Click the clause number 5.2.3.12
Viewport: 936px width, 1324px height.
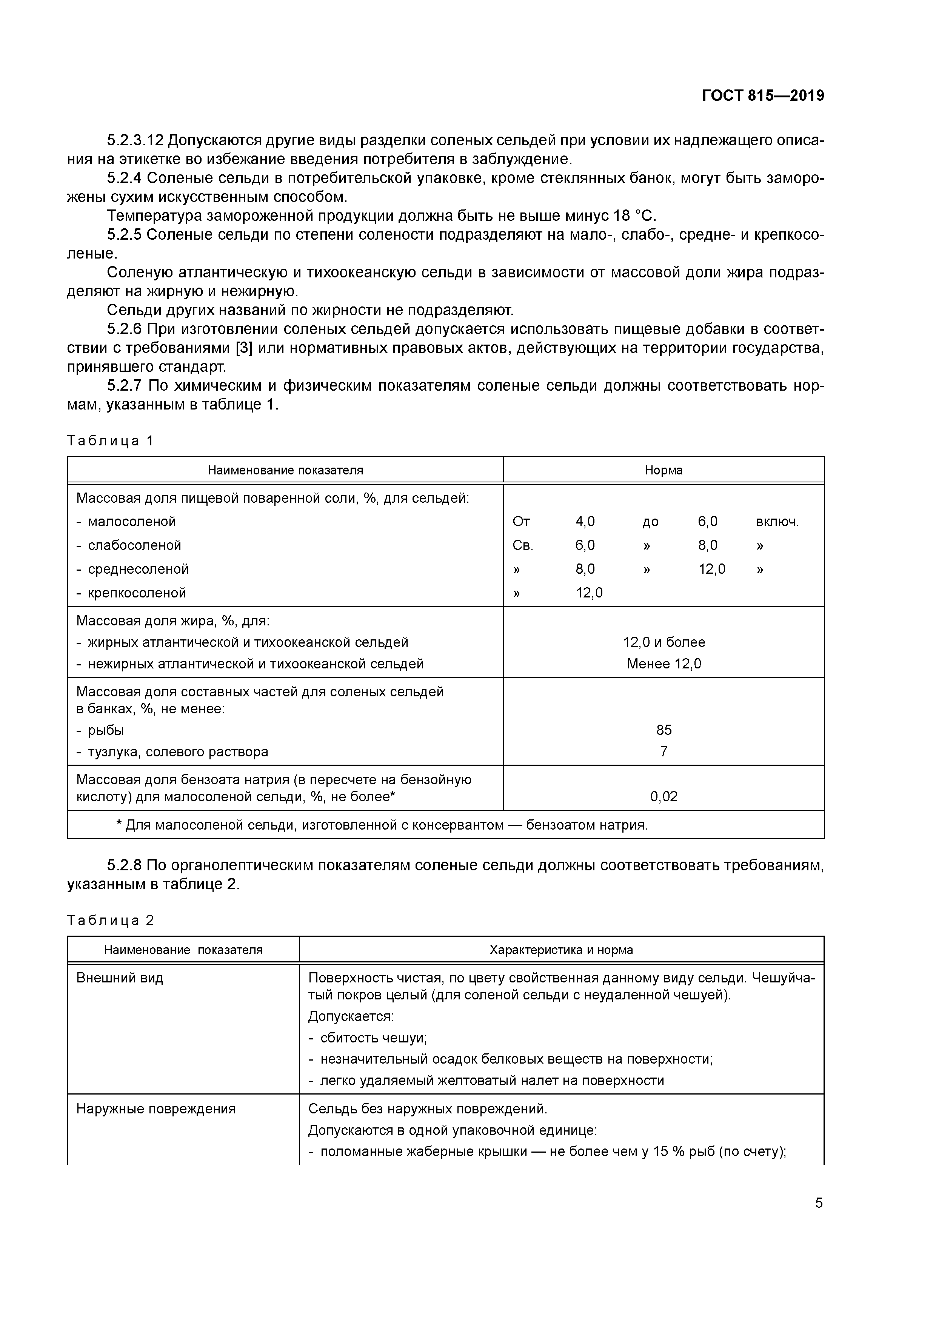point(135,140)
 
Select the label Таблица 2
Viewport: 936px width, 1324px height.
point(111,920)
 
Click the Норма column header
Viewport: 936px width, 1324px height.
point(663,470)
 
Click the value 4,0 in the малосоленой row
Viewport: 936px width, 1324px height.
point(585,521)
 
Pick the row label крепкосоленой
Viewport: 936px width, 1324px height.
point(137,593)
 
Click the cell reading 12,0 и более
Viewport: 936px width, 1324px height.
point(664,642)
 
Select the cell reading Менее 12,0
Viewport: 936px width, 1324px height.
point(664,664)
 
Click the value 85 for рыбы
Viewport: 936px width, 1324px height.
point(664,730)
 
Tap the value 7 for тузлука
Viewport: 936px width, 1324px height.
point(664,751)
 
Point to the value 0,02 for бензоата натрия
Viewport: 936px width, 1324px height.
point(664,797)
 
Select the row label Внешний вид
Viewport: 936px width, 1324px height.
point(119,978)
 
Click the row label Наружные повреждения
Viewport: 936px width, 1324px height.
point(156,1109)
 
